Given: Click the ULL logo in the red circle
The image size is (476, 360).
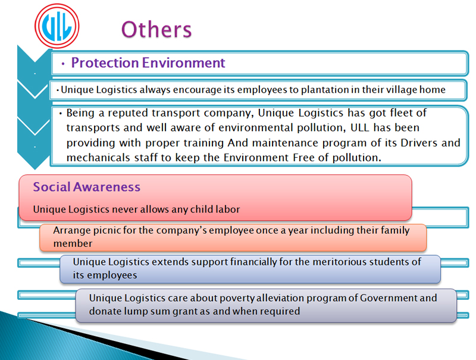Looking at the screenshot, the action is pos(57,26).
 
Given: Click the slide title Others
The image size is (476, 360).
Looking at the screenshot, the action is pos(156,29).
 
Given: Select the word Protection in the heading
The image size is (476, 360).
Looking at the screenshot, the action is pos(105,63).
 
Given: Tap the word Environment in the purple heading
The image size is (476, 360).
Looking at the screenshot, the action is pos(184,63).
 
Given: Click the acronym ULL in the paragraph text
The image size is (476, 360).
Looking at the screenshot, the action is pos(360,128).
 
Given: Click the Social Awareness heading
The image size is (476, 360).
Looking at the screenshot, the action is pos(87,187).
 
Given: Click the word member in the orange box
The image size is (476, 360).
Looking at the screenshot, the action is pos(73,243).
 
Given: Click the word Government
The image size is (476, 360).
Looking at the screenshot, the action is pos(389,298).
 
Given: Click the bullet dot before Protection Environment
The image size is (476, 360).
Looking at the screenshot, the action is pos(63,64).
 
